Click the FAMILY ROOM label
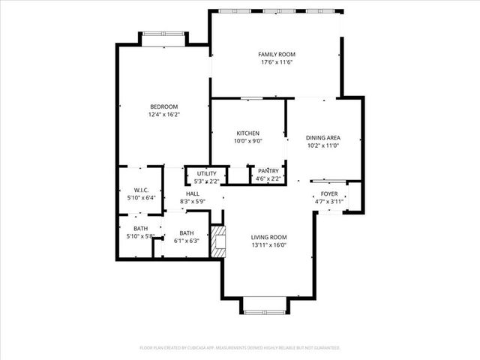click(x=277, y=55)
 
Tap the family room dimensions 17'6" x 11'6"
click(x=277, y=62)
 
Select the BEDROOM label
click(x=163, y=106)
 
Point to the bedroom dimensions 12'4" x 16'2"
click(x=163, y=114)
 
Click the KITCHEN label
click(x=247, y=133)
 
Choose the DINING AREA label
click(x=323, y=137)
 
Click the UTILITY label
click(x=205, y=173)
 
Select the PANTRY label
click(x=268, y=170)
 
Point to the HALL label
click(x=193, y=193)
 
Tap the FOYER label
click(x=329, y=193)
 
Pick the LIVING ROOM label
click(x=268, y=237)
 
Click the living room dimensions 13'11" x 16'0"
click(x=268, y=244)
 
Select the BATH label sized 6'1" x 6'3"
click(x=186, y=232)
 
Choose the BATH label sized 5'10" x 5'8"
click(x=141, y=229)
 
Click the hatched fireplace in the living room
click(x=217, y=242)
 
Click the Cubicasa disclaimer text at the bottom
click(x=240, y=348)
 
